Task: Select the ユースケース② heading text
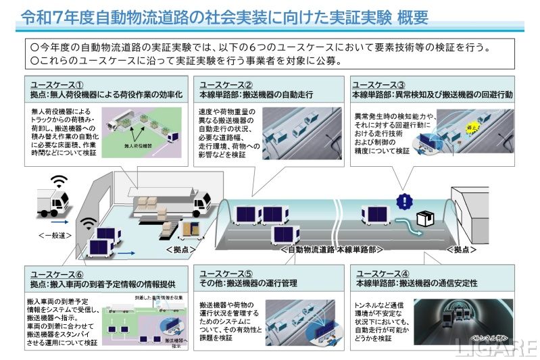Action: coord(226,84)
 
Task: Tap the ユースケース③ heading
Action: coord(378,84)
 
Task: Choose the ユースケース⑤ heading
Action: coord(226,273)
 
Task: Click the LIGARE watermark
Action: coord(495,347)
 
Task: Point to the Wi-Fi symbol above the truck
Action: coord(60,182)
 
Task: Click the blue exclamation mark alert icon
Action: coord(403,201)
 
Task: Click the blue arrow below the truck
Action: coord(58,221)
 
